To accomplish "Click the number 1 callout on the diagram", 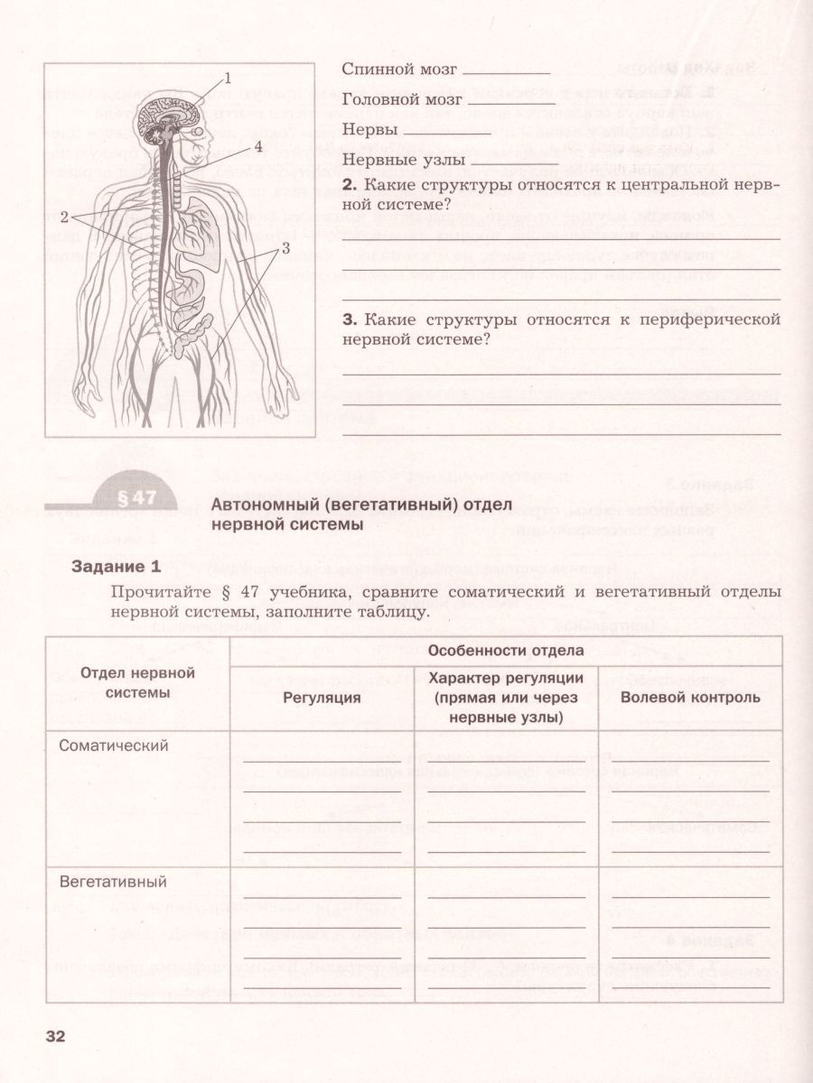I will pyautogui.click(x=228, y=79).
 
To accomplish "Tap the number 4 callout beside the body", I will pyautogui.click(x=257, y=146).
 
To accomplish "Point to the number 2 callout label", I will pyautogui.click(x=64, y=217).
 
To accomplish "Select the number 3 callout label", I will pyautogui.click(x=285, y=247).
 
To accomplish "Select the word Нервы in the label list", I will pyautogui.click(x=370, y=130).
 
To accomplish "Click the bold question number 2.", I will pyautogui.click(x=348, y=185).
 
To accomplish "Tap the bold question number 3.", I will pyautogui.click(x=348, y=319).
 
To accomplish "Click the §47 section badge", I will pyautogui.click(x=137, y=497).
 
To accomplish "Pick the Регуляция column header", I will pyautogui.click(x=322, y=697).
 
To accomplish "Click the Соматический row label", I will pyautogui.click(x=114, y=745).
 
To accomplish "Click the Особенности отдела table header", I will pyautogui.click(x=505, y=650).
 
